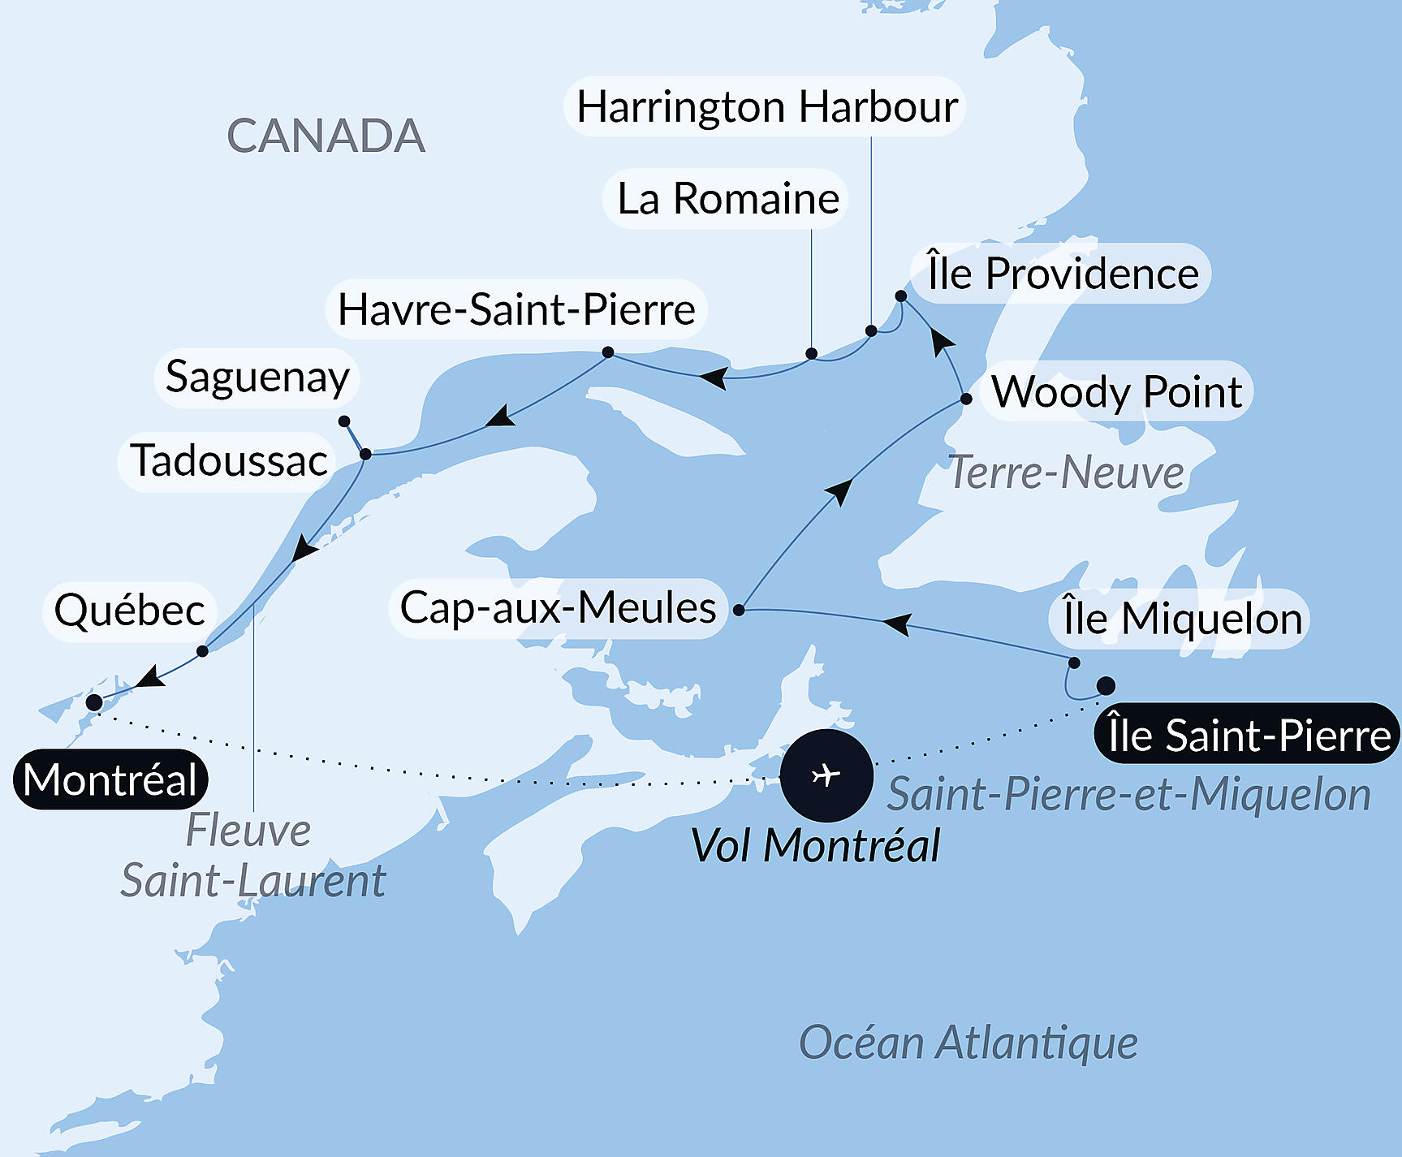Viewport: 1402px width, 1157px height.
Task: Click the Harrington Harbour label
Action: pyautogui.click(x=766, y=107)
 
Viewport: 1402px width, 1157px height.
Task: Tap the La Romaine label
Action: pyautogui.click(x=727, y=199)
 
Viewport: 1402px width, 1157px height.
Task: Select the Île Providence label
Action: pyautogui.click(x=1063, y=274)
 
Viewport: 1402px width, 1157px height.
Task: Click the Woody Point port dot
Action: pyautogui.click(x=966, y=399)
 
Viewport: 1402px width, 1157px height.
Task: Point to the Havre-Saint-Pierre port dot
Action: pyautogui.click(x=608, y=352)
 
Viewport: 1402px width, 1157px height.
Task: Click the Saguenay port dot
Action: pyautogui.click(x=344, y=421)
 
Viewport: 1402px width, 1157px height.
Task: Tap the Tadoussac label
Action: pyautogui.click(x=229, y=461)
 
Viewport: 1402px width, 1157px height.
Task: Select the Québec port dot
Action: pyautogui.click(x=203, y=651)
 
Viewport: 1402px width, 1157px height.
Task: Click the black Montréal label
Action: pyautogui.click(x=110, y=780)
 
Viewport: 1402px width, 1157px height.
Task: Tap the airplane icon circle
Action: pyautogui.click(x=826, y=775)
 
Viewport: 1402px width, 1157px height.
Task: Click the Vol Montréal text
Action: pyautogui.click(x=815, y=846)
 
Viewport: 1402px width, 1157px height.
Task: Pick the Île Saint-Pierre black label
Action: pyautogui.click(x=1249, y=735)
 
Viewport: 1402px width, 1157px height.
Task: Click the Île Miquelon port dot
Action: pyautogui.click(x=1074, y=663)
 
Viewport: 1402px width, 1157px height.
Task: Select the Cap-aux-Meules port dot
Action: pyautogui.click(x=739, y=610)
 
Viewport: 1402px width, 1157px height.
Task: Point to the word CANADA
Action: pyautogui.click(x=326, y=136)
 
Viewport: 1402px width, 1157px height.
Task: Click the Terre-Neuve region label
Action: pyautogui.click(x=1066, y=473)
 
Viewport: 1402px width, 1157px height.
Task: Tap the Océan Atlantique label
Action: pyautogui.click(x=968, y=1043)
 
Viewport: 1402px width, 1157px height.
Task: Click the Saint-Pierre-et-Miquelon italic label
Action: pyautogui.click(x=1128, y=794)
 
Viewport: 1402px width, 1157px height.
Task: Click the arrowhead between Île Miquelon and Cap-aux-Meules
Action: pyautogui.click(x=896, y=624)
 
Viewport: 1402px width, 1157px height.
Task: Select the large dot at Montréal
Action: pyautogui.click(x=94, y=702)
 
